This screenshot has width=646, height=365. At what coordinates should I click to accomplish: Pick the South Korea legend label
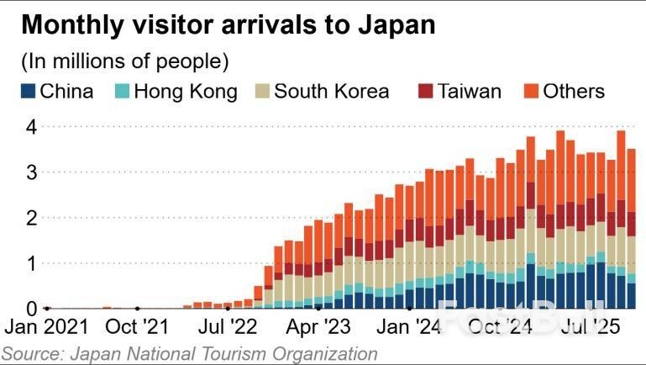pos(332,91)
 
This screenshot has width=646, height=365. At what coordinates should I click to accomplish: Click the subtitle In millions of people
pos(124,61)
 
